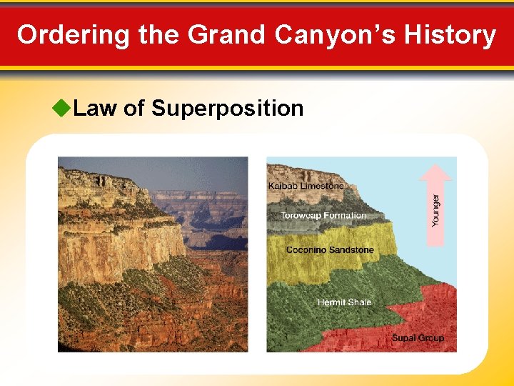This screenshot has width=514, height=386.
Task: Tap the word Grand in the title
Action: pyautogui.click(x=215, y=35)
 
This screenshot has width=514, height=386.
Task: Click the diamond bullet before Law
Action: pyautogui.click(x=62, y=109)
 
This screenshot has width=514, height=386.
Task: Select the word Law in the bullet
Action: pyautogui.click(x=96, y=109)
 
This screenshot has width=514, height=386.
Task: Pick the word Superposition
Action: pyautogui.click(x=228, y=109)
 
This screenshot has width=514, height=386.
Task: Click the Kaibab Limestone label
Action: pyautogui.click(x=306, y=186)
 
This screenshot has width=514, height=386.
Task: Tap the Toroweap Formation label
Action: pyautogui.click(x=323, y=215)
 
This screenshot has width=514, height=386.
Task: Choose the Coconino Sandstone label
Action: pyautogui.click(x=330, y=249)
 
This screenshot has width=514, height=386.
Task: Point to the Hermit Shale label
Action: pyautogui.click(x=344, y=302)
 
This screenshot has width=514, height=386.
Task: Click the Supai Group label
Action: pyautogui.click(x=418, y=337)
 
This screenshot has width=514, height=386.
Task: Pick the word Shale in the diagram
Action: pyautogui.click(x=360, y=302)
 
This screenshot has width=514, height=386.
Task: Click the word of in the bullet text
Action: pyautogui.click(x=134, y=109)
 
